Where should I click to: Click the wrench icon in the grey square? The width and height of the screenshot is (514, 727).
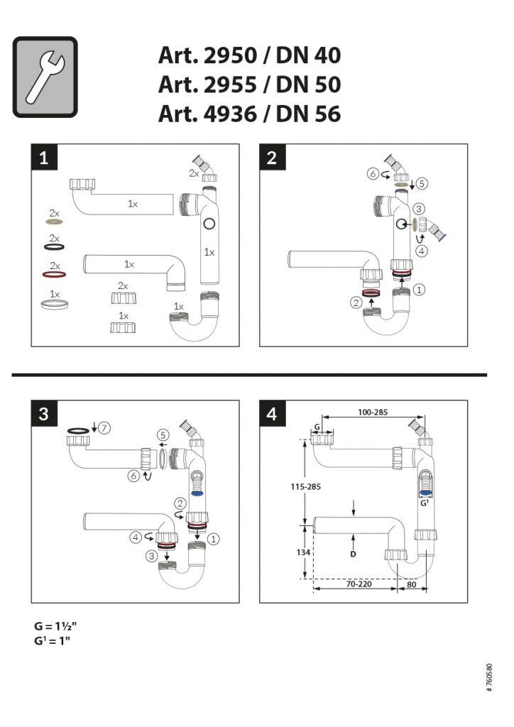point(44,77)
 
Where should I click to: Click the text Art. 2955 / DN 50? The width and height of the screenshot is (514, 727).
point(249,84)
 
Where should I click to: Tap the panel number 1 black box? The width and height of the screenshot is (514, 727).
point(44,157)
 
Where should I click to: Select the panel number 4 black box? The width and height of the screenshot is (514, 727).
point(272,414)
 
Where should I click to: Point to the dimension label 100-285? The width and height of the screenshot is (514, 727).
point(373,412)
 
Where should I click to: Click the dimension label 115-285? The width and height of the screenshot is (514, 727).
point(305,487)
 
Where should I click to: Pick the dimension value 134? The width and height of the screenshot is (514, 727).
point(303,552)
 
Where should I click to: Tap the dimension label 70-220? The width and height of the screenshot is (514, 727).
point(359,584)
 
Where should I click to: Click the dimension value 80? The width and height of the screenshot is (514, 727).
point(411,584)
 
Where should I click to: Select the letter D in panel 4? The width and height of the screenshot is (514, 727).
point(353,554)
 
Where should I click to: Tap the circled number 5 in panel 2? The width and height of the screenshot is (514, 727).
point(422,184)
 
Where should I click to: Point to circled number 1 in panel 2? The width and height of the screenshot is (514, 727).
point(419,290)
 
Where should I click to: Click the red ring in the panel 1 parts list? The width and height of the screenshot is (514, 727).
point(54,275)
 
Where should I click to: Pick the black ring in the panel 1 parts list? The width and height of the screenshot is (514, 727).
point(54,246)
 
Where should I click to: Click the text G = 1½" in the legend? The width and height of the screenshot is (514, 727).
point(55,626)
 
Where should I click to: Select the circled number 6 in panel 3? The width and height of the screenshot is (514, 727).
point(133,476)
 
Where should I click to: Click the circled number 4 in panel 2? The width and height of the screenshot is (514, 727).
point(422,251)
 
